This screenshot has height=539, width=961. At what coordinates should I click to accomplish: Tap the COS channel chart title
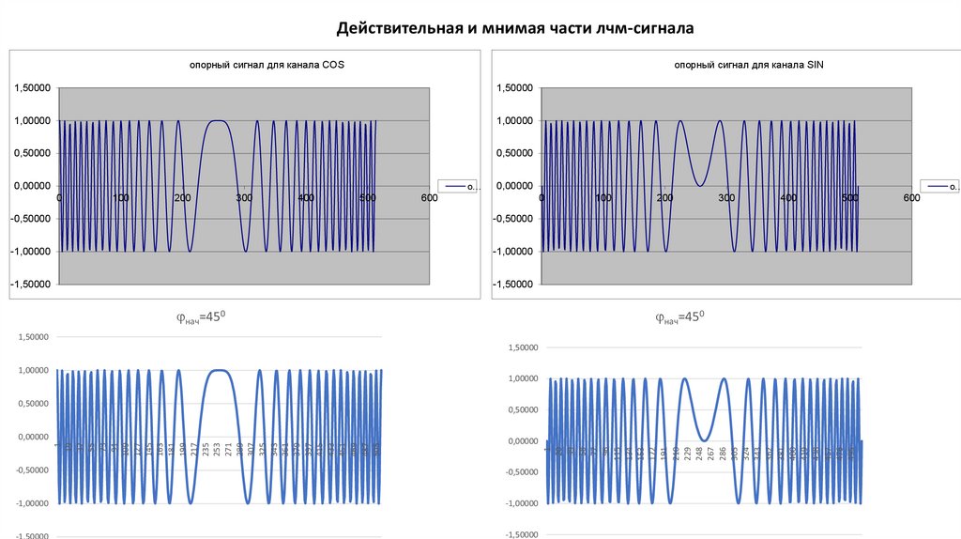tap(248, 65)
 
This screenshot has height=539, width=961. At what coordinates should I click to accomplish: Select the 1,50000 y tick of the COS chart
tap(33, 88)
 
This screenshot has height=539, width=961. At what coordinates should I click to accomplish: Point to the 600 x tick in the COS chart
tap(428, 197)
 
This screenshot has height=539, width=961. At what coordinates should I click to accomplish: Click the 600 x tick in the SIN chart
tap(910, 197)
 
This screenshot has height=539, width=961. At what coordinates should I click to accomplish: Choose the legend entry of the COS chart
tap(461, 187)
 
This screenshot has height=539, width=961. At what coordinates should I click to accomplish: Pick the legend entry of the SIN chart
tap(941, 187)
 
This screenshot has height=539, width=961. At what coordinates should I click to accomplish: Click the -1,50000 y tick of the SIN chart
tap(514, 284)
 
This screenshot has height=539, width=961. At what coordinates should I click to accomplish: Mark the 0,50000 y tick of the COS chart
tap(33, 153)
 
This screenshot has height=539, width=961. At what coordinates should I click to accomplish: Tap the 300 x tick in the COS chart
tap(244, 197)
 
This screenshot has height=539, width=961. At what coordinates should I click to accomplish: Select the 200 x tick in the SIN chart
tap(665, 197)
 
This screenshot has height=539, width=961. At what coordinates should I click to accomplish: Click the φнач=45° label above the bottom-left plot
tap(202, 317)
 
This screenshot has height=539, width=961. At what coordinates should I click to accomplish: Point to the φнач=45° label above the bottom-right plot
tap(679, 317)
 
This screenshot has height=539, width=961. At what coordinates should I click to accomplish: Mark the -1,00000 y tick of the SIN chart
tap(514, 251)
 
